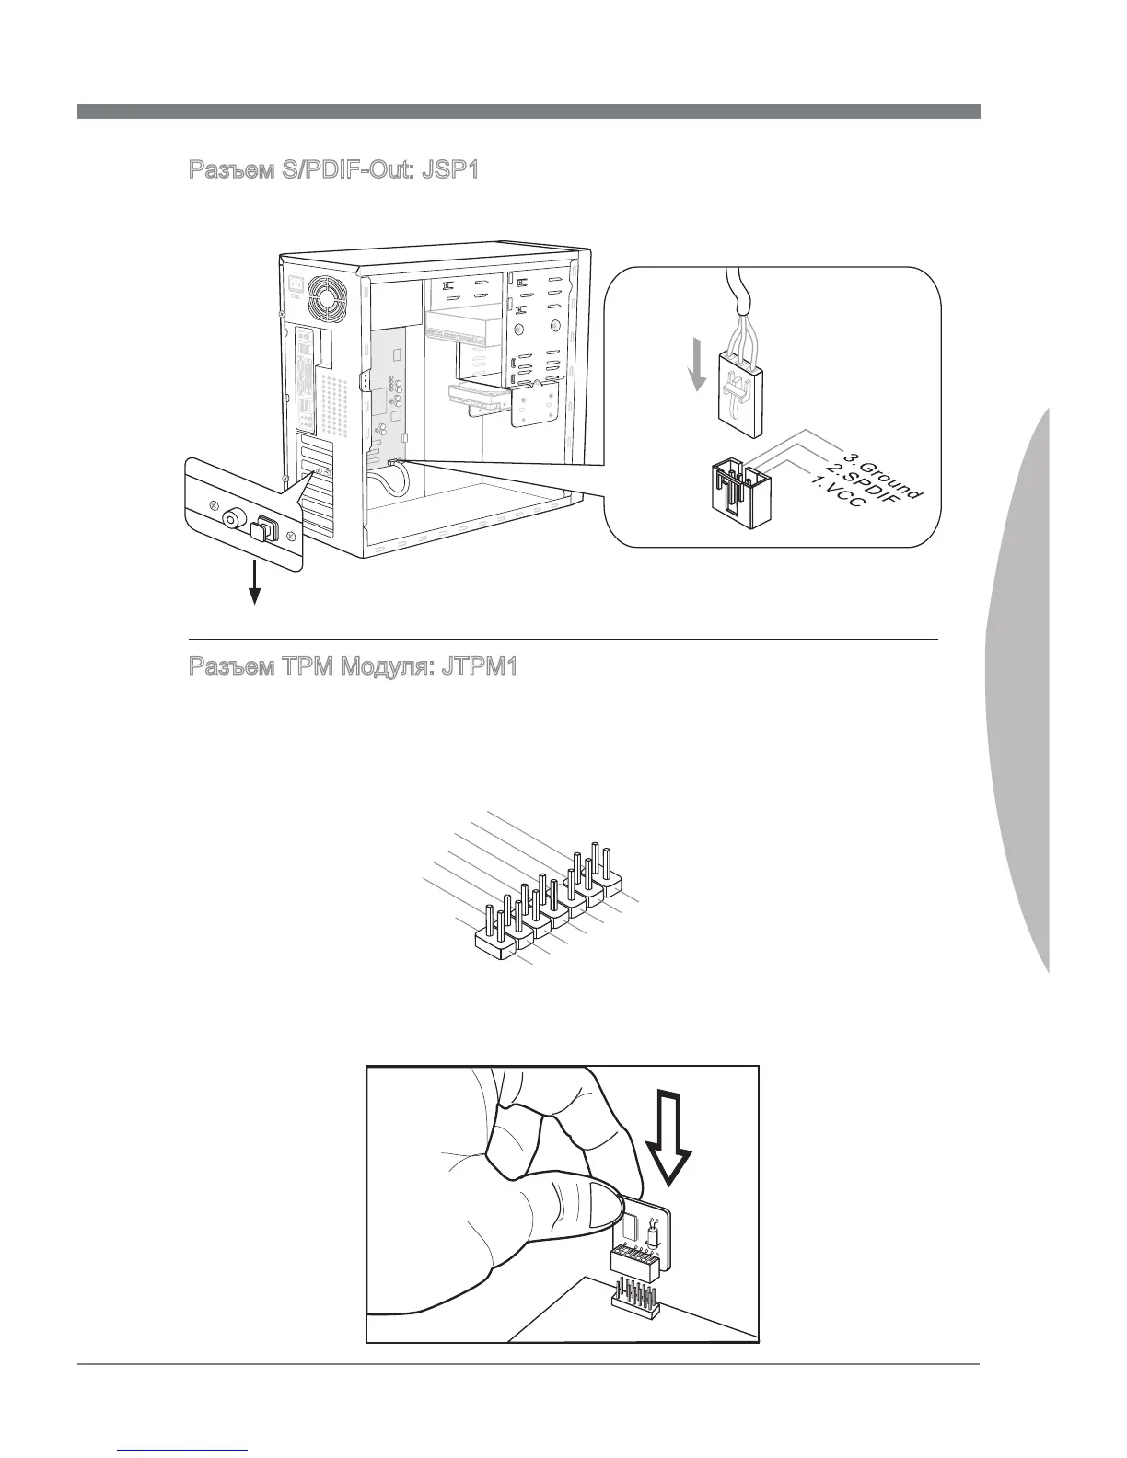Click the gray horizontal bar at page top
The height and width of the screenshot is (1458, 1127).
tap(529, 111)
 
